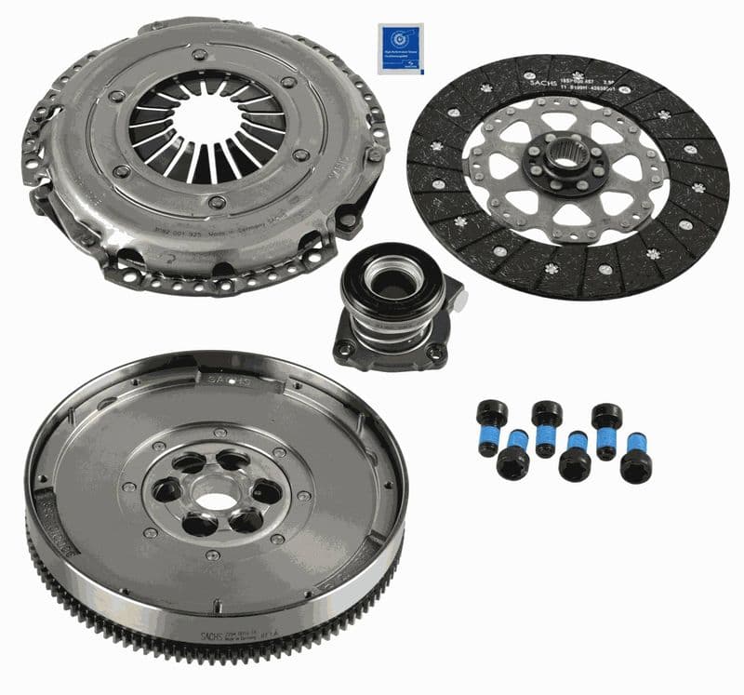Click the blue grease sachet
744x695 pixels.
click(x=401, y=48)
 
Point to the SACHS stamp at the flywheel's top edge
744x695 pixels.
click(x=229, y=380)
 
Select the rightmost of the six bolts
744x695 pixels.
click(x=637, y=457)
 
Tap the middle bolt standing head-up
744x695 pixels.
click(x=547, y=427)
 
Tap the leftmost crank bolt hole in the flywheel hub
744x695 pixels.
click(x=168, y=490)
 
